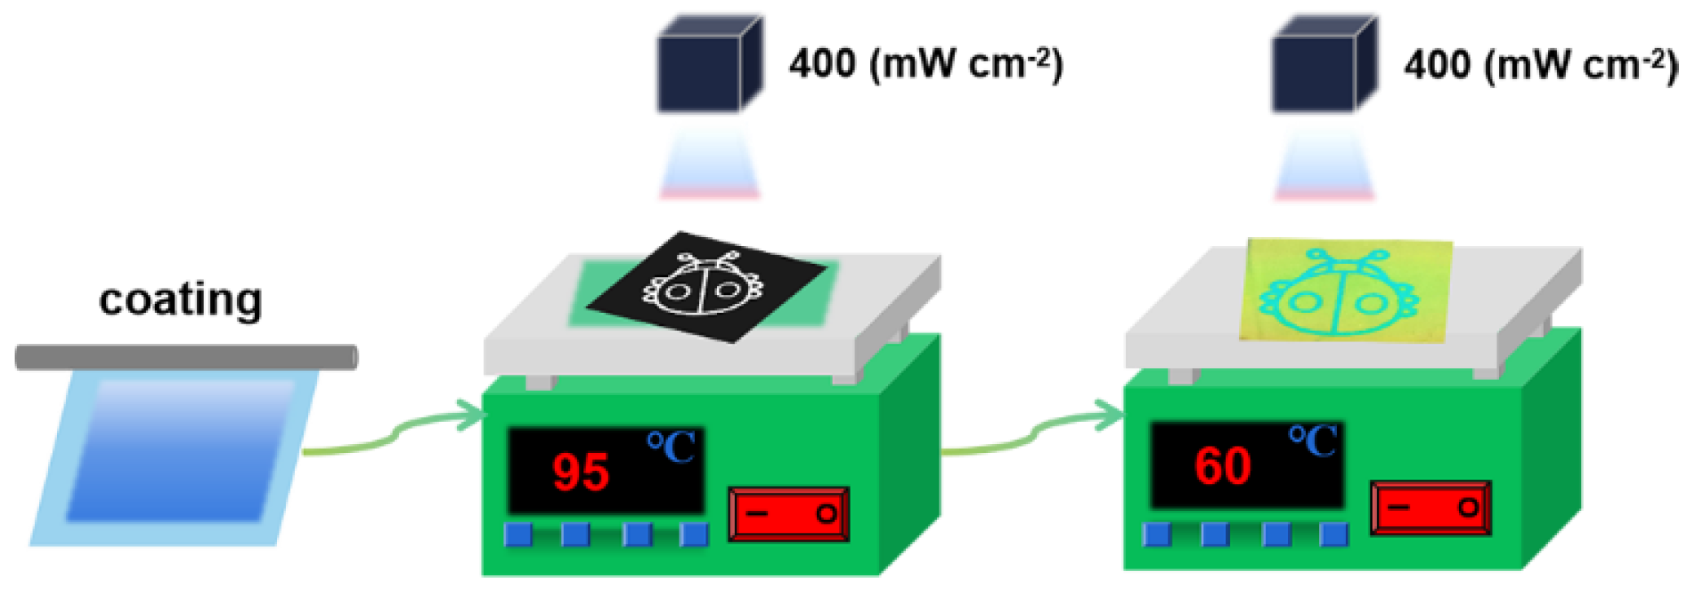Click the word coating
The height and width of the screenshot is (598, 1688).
click(180, 300)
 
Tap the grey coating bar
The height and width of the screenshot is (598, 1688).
click(186, 357)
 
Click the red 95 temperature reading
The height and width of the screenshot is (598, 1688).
click(580, 473)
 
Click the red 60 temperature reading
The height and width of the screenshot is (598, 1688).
click(1222, 467)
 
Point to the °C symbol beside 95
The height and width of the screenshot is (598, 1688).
click(671, 447)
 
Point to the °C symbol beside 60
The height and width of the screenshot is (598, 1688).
click(1312, 442)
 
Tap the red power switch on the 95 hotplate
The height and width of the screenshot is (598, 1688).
click(789, 514)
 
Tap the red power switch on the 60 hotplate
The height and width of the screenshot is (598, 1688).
click(1431, 508)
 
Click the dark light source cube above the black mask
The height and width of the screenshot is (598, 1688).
click(707, 65)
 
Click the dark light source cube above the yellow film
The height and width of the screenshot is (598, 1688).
click(1322, 65)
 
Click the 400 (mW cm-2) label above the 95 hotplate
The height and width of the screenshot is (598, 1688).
click(925, 64)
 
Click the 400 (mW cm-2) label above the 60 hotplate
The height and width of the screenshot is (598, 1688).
click(1540, 64)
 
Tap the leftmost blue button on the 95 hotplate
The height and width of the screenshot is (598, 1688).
click(518, 534)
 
